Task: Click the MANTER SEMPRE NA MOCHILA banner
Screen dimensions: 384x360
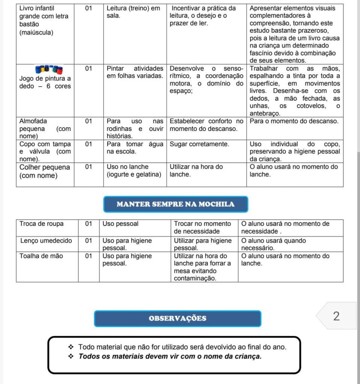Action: click(176, 204)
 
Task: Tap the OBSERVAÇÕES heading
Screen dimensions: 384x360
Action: click(178, 318)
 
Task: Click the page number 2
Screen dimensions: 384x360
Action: click(336, 316)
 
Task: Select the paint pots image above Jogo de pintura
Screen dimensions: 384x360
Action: click(49, 70)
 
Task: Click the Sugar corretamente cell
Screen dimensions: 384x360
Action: click(199, 144)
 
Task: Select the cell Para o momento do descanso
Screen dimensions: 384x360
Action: click(294, 121)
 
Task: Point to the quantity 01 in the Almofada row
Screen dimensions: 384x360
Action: click(89, 121)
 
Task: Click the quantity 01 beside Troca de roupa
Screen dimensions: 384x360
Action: click(89, 224)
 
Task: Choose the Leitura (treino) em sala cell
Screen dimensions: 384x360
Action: click(133, 12)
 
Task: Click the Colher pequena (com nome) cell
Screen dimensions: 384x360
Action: click(44, 171)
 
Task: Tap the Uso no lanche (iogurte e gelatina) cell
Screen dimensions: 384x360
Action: click(134, 171)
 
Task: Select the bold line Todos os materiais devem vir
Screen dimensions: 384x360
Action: click(170, 356)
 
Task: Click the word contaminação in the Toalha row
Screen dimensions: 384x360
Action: click(195, 278)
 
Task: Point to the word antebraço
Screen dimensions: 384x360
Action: click(265, 113)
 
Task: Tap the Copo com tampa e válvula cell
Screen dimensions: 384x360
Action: click(44, 151)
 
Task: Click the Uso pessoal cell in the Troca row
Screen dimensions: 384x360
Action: click(121, 224)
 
